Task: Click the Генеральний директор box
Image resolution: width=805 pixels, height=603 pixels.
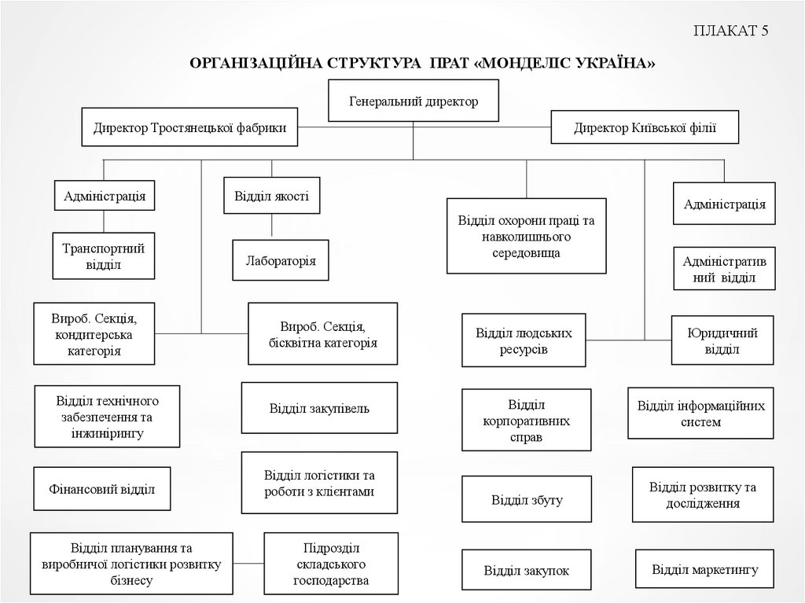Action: coord(414,102)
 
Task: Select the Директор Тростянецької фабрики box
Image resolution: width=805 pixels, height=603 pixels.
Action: coord(190,127)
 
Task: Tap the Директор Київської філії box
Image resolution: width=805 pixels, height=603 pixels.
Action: coord(645,127)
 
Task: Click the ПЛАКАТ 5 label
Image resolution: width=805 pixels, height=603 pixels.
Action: coord(730,31)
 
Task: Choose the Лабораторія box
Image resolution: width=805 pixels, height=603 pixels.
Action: coord(281,260)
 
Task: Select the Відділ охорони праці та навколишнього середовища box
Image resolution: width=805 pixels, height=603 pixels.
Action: coord(527,235)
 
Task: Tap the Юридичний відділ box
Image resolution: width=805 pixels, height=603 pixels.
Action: coord(722,340)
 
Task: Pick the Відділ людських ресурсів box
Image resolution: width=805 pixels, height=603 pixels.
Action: coord(524,340)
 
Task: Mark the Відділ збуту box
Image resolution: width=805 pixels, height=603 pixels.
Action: coord(527,499)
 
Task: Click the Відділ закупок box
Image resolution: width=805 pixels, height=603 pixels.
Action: coord(527,571)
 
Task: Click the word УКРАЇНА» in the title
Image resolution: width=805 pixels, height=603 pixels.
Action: coord(614,62)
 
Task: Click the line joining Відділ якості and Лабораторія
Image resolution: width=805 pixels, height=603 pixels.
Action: coord(272,226)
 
